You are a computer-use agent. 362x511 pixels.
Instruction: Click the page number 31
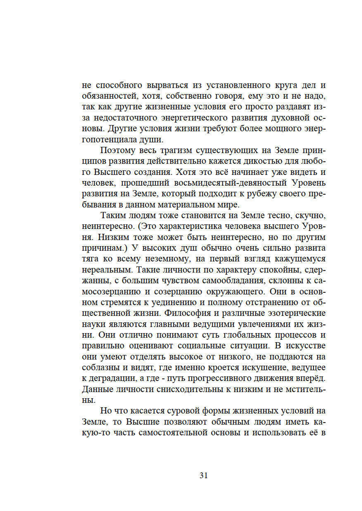(x=203, y=475)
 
